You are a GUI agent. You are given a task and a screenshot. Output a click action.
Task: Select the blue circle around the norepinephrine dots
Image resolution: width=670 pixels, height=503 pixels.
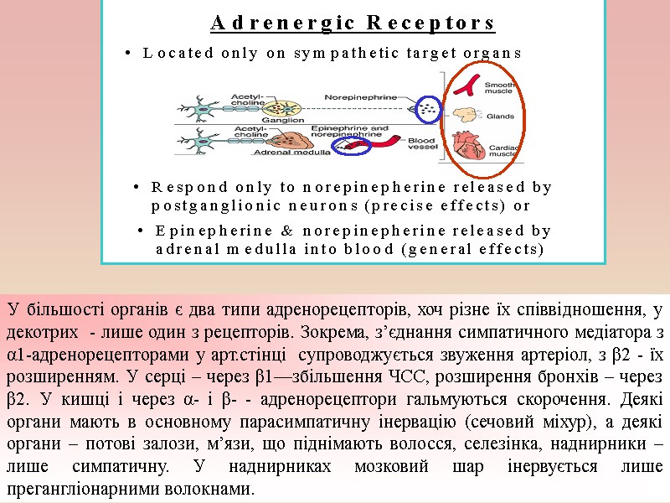coord(429,107)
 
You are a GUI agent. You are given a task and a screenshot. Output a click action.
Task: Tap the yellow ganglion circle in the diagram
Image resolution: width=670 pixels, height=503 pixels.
coord(280,106)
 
